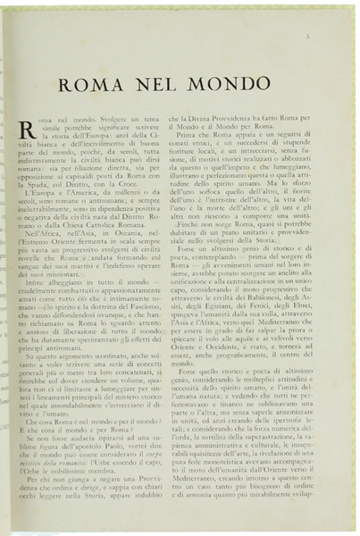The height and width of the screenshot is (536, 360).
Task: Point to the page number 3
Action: point(331,37)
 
